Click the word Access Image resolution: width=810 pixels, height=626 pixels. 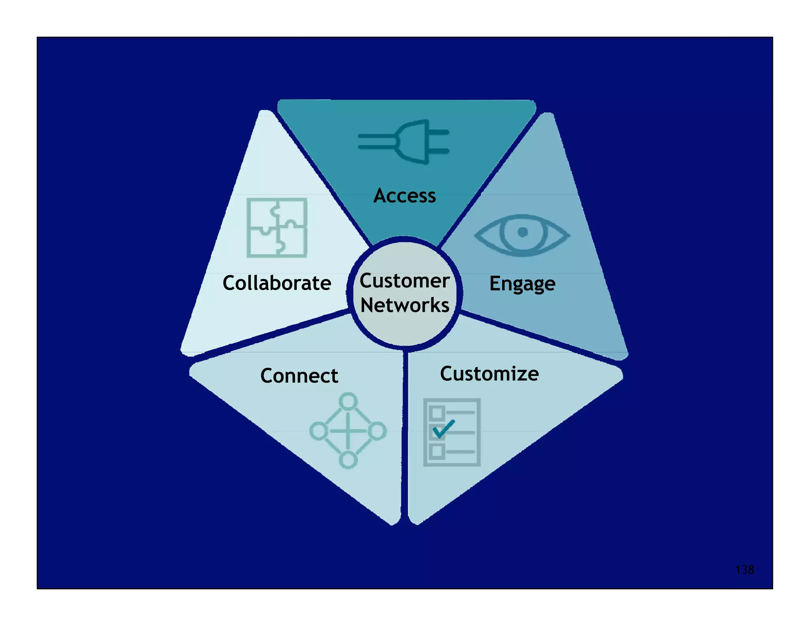pos(404,195)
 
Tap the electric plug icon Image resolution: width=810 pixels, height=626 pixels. pos(407,142)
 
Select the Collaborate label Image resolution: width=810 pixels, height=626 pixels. pos(276,283)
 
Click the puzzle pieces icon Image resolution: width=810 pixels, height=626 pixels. pos(277,228)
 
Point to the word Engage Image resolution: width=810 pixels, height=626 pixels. pos(522,284)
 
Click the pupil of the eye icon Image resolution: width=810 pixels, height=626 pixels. pos(522,232)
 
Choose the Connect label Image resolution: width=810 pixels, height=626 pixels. pos(299,375)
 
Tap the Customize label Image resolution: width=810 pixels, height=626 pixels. pos(489,374)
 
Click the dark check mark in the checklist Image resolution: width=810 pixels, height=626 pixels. pos(443,429)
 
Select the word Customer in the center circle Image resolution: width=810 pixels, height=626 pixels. pos(404,281)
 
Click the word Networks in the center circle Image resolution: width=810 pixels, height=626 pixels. pos(405,305)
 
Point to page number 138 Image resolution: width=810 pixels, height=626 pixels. pos(744,569)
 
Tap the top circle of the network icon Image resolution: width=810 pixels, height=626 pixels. pos(348,401)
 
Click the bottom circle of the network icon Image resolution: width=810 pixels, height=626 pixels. pos(348,460)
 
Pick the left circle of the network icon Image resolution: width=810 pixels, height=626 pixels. pos(318,431)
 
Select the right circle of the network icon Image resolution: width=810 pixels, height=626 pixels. pos(377,431)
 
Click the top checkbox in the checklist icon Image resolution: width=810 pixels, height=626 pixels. pos(437,413)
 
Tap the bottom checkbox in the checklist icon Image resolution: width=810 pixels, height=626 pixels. pos(437,451)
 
